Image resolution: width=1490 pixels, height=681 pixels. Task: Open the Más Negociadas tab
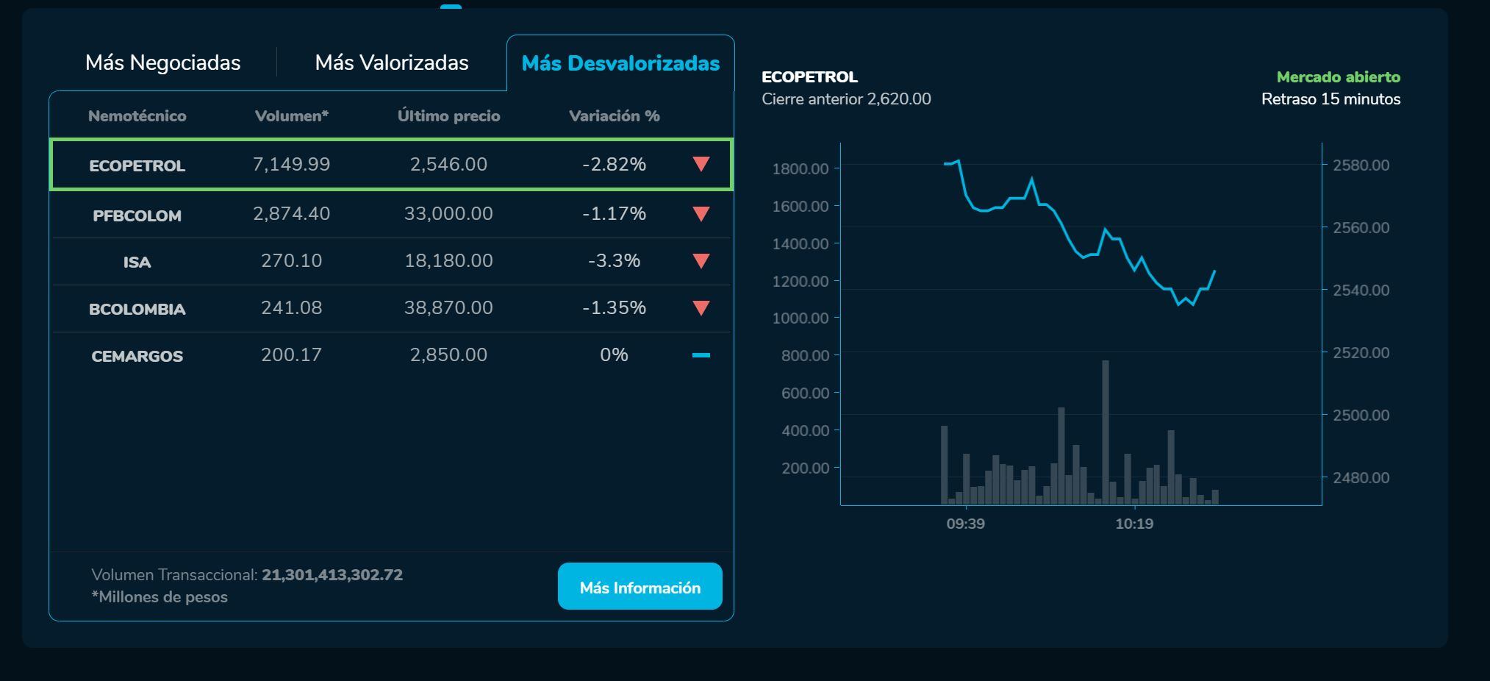162,63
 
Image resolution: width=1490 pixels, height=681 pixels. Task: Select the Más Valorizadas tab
392,63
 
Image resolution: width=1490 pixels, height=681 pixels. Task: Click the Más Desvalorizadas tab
620,63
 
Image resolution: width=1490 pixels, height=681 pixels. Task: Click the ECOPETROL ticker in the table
137,165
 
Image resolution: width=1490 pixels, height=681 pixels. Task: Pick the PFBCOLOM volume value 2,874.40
291,214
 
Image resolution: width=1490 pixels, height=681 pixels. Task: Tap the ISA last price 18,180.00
448,261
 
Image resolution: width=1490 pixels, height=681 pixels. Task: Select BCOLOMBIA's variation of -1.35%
614,308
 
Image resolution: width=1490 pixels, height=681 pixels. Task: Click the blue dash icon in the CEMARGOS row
701,355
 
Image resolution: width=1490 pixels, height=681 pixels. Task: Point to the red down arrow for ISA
701,261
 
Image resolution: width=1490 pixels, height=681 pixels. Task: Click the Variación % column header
614,116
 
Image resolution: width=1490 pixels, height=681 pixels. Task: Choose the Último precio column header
448,116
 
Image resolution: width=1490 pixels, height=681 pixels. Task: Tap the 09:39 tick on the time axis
965,524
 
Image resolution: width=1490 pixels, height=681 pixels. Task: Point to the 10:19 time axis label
1134,524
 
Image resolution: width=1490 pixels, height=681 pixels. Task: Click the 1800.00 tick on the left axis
800,168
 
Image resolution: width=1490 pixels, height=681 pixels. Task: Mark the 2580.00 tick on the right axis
1361,165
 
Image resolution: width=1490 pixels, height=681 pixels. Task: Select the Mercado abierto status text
1338,77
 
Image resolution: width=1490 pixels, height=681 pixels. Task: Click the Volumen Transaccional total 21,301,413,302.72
332,575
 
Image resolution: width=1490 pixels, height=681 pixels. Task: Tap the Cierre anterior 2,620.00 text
846,99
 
